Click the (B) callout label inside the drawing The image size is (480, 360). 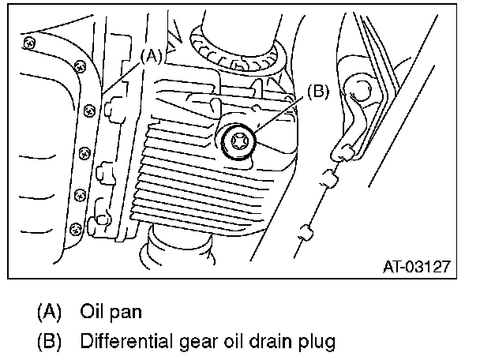coord(315,92)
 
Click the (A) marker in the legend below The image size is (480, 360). coord(49,310)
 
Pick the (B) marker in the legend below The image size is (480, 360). coord(49,342)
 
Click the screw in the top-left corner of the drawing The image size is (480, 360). coord(28,41)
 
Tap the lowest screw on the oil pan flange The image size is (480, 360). coord(76,229)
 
